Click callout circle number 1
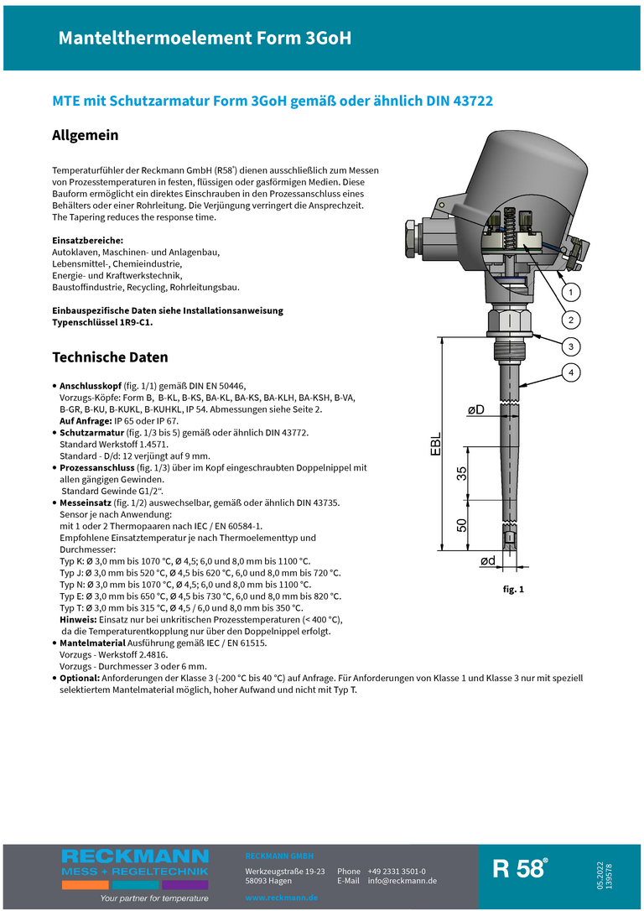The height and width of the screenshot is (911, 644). [569, 293]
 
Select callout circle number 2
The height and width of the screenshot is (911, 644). [569, 320]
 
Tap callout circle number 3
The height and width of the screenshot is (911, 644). [569, 346]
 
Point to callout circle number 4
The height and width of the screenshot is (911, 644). [569, 372]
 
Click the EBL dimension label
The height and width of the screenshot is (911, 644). [435, 445]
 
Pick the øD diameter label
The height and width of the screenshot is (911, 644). [476, 409]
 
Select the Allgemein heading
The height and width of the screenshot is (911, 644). [86, 135]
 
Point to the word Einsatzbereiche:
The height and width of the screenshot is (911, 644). [88, 240]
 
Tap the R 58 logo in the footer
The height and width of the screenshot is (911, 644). [520, 868]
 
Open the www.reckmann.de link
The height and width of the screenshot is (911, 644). [281, 898]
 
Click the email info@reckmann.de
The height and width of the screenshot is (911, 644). [402, 881]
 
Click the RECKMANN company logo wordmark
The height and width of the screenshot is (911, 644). [135, 856]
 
